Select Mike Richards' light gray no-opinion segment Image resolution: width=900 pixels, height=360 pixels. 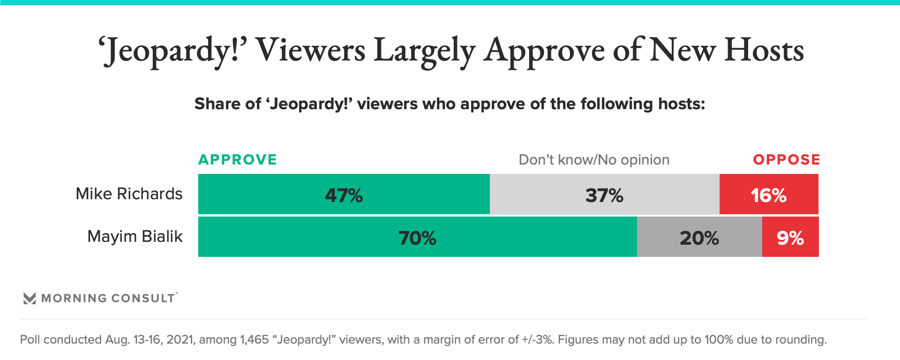[x=553, y=194]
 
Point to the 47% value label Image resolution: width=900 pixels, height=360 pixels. [x=344, y=195]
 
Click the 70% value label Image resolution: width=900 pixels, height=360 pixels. [x=417, y=238]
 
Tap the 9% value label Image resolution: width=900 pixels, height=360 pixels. [x=790, y=238]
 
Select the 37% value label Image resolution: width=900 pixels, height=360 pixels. [x=604, y=195]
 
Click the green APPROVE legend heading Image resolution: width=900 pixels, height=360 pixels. [x=238, y=160]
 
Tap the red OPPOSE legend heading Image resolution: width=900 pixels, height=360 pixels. [x=787, y=160]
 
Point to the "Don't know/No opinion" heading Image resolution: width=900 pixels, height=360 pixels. [x=594, y=160]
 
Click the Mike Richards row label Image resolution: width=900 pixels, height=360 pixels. [x=129, y=194]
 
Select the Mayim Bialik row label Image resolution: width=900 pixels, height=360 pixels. [x=135, y=236]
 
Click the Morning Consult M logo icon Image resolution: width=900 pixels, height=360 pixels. [x=30, y=299]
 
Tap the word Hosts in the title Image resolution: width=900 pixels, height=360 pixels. [x=764, y=50]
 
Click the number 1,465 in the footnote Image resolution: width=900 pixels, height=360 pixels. [x=254, y=339]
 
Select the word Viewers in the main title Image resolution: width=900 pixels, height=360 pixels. [x=310, y=50]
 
